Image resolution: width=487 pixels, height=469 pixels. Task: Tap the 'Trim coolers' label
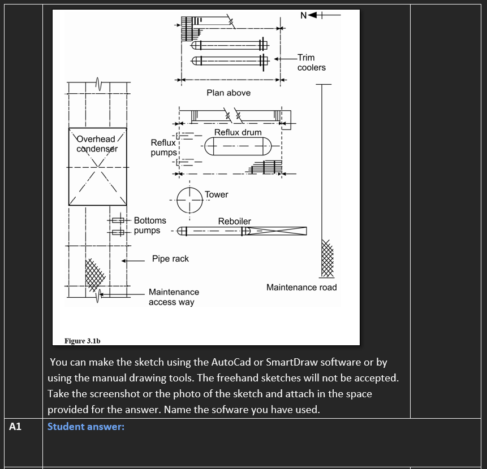click(311, 62)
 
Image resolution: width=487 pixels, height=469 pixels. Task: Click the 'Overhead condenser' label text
click(96, 144)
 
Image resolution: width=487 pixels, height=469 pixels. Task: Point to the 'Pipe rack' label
click(170, 259)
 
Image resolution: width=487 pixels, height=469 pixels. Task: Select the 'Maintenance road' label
click(301, 288)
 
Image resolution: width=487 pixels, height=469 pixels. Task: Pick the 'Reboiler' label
click(234, 221)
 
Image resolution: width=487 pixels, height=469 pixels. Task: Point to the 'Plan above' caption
click(228, 93)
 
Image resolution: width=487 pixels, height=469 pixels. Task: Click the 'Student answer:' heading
click(85, 427)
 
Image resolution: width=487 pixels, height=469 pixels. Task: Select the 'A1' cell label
click(15, 427)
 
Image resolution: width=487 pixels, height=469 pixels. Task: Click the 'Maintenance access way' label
click(174, 297)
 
